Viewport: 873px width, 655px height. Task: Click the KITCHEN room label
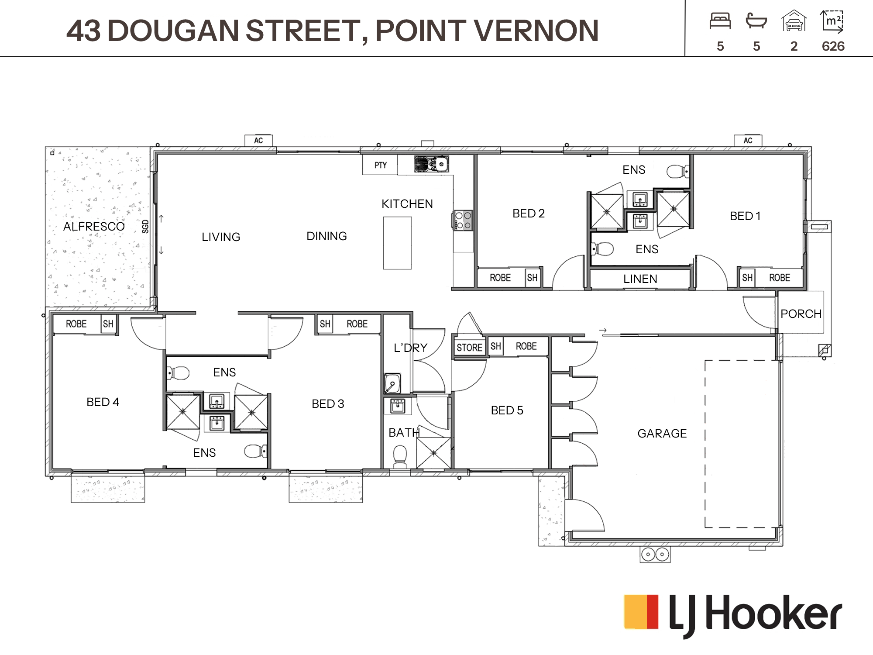click(x=407, y=204)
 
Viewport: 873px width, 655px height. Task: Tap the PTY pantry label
click(x=381, y=165)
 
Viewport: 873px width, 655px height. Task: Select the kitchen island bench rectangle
click(x=397, y=243)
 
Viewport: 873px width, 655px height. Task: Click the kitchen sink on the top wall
click(x=431, y=164)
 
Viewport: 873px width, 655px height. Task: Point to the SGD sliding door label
click(x=145, y=226)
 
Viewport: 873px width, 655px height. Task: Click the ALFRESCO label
click(x=94, y=227)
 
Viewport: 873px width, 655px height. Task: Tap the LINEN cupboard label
click(x=640, y=279)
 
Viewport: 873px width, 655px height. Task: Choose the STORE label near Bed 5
click(x=469, y=348)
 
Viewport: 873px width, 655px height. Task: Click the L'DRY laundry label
click(x=410, y=348)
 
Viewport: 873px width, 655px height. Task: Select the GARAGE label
click(x=662, y=434)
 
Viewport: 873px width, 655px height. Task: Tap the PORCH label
click(x=801, y=314)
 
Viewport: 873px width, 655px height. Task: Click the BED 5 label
click(x=507, y=410)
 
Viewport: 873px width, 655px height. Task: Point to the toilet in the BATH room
click(x=400, y=457)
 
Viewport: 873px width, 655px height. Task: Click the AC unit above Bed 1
click(x=748, y=140)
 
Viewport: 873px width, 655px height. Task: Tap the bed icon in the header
click(x=720, y=21)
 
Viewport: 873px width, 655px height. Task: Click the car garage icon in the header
click(x=794, y=21)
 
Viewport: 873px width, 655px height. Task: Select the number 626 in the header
click(x=833, y=46)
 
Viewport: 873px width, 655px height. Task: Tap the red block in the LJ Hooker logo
click(x=652, y=611)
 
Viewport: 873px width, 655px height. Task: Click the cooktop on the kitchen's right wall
click(x=463, y=220)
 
